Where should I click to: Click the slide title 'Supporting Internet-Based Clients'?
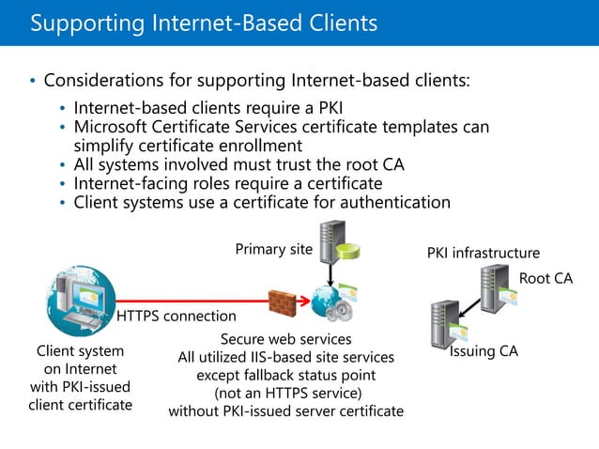pyautogui.click(x=204, y=23)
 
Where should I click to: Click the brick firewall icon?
pyautogui.click(x=283, y=302)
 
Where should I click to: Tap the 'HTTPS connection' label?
pyautogui.click(x=176, y=317)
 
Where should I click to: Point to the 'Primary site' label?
pyautogui.click(x=273, y=250)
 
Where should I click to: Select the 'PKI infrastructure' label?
pyautogui.click(x=484, y=253)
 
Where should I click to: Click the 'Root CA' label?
pyautogui.click(x=545, y=279)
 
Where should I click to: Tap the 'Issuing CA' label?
pyautogui.click(x=484, y=351)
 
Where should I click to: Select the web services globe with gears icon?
pyautogui.click(x=334, y=302)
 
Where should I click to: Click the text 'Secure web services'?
pyautogui.click(x=285, y=338)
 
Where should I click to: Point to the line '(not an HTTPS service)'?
pyautogui.click(x=285, y=393)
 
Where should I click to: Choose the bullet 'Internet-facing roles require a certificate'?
pyautogui.click(x=228, y=183)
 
